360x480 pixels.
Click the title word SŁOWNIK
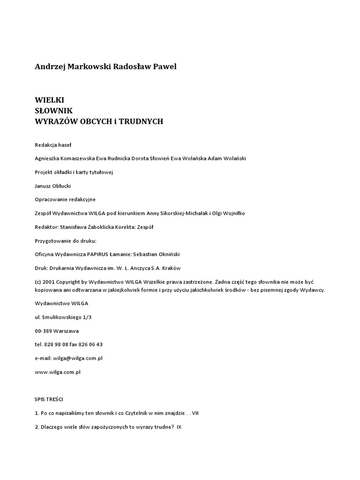(54, 111)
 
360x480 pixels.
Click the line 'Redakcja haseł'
(53, 145)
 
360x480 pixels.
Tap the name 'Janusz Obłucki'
(53, 186)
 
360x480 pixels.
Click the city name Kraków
(172, 268)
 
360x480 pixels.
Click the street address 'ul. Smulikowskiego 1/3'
(63, 317)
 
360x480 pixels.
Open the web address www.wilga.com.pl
(58, 372)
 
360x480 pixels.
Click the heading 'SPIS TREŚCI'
(49, 399)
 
